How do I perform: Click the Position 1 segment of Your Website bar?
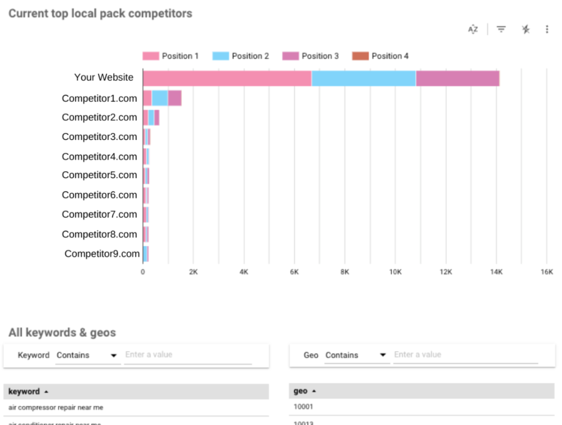[227, 78]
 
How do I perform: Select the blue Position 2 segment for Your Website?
[363, 78]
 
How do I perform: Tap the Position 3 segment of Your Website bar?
[457, 78]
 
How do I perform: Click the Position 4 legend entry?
[380, 56]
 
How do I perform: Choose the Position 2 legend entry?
[241, 56]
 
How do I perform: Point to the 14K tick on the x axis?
[496, 272]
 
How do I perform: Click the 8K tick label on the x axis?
[344, 272]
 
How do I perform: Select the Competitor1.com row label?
[99, 98]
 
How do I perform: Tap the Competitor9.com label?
[102, 254]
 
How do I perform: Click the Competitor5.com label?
[99, 175]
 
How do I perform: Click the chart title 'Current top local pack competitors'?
[100, 13]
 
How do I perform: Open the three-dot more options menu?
[547, 29]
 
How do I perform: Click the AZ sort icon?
[473, 29]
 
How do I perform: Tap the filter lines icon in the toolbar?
[501, 29]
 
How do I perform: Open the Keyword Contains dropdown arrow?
[114, 356]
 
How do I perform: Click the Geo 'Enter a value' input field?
[465, 355]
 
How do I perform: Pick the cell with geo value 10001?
[303, 407]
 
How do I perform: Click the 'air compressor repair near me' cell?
[56, 408]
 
